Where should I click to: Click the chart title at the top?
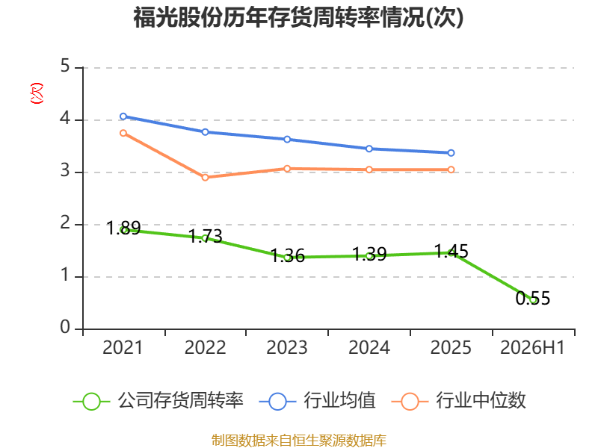tap(298, 17)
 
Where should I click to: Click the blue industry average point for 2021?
tap(123, 116)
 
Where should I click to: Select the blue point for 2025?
tap(451, 153)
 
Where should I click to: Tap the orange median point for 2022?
tap(205, 178)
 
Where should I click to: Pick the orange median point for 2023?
tap(287, 169)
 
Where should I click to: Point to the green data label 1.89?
tap(123, 228)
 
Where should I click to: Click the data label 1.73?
tap(205, 236)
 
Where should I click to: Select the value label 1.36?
tap(288, 255)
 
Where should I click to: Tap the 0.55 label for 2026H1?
tap(533, 298)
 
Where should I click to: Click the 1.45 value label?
tap(451, 251)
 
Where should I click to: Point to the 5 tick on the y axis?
tap(65, 66)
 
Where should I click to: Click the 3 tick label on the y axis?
tap(65, 171)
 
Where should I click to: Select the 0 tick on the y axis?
tap(65, 327)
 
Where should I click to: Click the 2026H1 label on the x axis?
tap(532, 348)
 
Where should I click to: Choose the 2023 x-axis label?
tap(287, 348)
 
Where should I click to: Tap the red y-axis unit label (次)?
tap(37, 93)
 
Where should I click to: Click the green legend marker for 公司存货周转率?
tap(91, 402)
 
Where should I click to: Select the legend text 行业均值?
tap(339, 401)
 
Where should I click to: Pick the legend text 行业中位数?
tap(481, 401)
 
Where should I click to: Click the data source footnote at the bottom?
tap(299, 441)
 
